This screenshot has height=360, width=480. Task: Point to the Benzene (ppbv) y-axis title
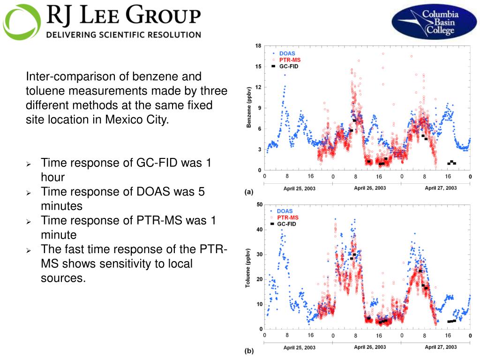[x=249, y=108]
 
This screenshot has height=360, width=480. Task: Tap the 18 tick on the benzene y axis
[x=258, y=46]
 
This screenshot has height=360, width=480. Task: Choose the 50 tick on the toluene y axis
[x=259, y=204]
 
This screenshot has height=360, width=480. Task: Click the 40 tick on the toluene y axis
[x=259, y=230]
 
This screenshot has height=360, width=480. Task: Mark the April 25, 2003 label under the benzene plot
[x=300, y=188]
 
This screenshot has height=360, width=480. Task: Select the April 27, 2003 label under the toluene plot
[x=441, y=347]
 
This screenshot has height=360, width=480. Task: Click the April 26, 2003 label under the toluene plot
[x=370, y=347]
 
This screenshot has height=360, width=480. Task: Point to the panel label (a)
[x=249, y=192]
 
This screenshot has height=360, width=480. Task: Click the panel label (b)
[x=249, y=350]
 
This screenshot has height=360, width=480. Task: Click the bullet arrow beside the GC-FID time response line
[x=29, y=164]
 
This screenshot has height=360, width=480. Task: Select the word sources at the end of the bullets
[x=63, y=278]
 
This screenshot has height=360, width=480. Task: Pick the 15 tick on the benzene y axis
[x=258, y=67]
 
